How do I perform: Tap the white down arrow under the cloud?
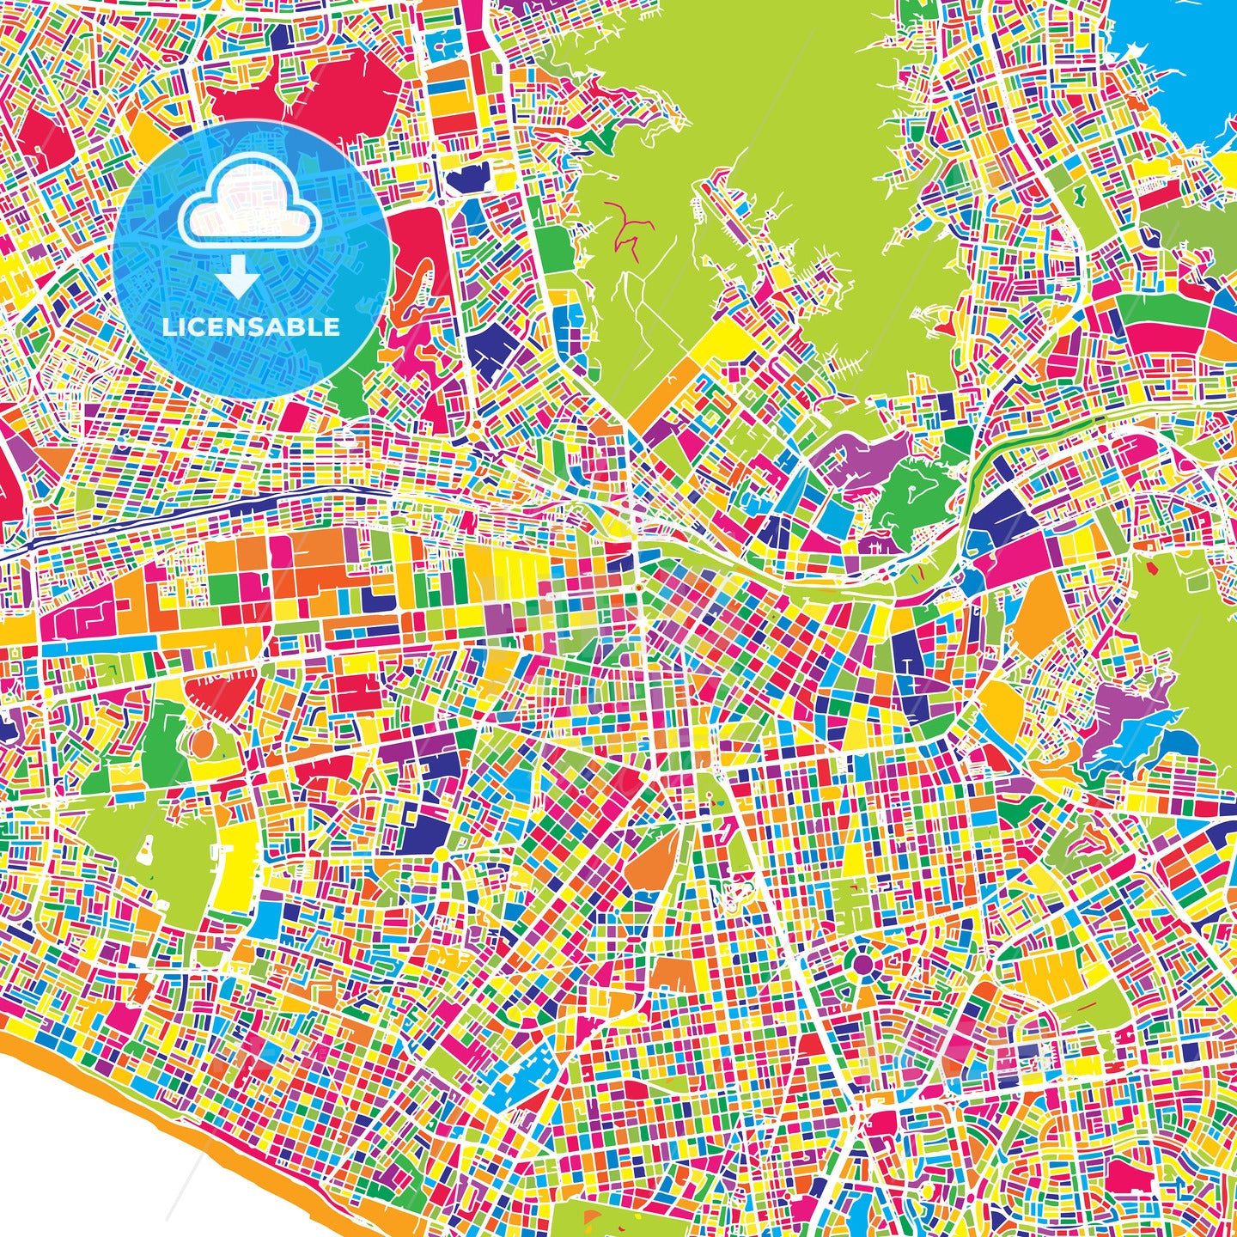coord(237,279)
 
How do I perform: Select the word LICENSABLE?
coord(251,327)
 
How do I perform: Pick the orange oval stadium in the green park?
coord(202,740)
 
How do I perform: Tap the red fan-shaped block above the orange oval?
coord(218,694)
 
